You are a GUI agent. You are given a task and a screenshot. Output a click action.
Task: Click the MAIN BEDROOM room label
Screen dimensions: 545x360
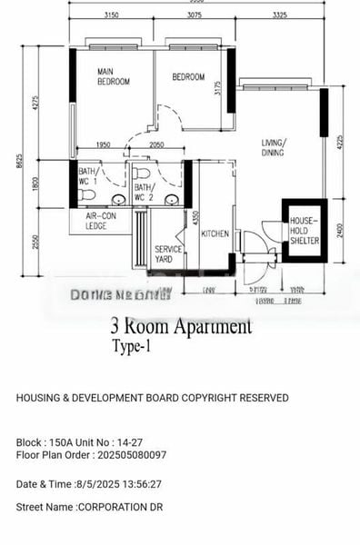click(114, 77)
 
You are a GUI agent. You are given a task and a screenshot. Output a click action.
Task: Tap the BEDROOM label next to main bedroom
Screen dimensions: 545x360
click(189, 77)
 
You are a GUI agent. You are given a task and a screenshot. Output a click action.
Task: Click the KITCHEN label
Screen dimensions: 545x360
click(215, 233)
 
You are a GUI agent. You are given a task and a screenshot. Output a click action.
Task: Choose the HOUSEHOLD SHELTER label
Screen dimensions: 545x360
click(305, 232)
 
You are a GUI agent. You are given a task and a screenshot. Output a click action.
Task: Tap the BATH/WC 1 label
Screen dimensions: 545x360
click(87, 176)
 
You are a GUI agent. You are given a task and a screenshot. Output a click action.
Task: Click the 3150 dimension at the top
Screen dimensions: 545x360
click(112, 15)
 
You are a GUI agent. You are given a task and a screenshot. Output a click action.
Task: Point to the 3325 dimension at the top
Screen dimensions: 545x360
click(279, 15)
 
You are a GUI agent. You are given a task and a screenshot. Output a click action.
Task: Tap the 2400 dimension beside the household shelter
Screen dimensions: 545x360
click(339, 230)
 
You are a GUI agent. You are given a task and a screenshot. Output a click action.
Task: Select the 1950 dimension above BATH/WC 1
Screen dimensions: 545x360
click(103, 145)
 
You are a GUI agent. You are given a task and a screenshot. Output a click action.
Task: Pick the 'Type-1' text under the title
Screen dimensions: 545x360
click(132, 346)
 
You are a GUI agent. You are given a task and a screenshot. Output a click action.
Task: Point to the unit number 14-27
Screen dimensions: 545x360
click(135, 442)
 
